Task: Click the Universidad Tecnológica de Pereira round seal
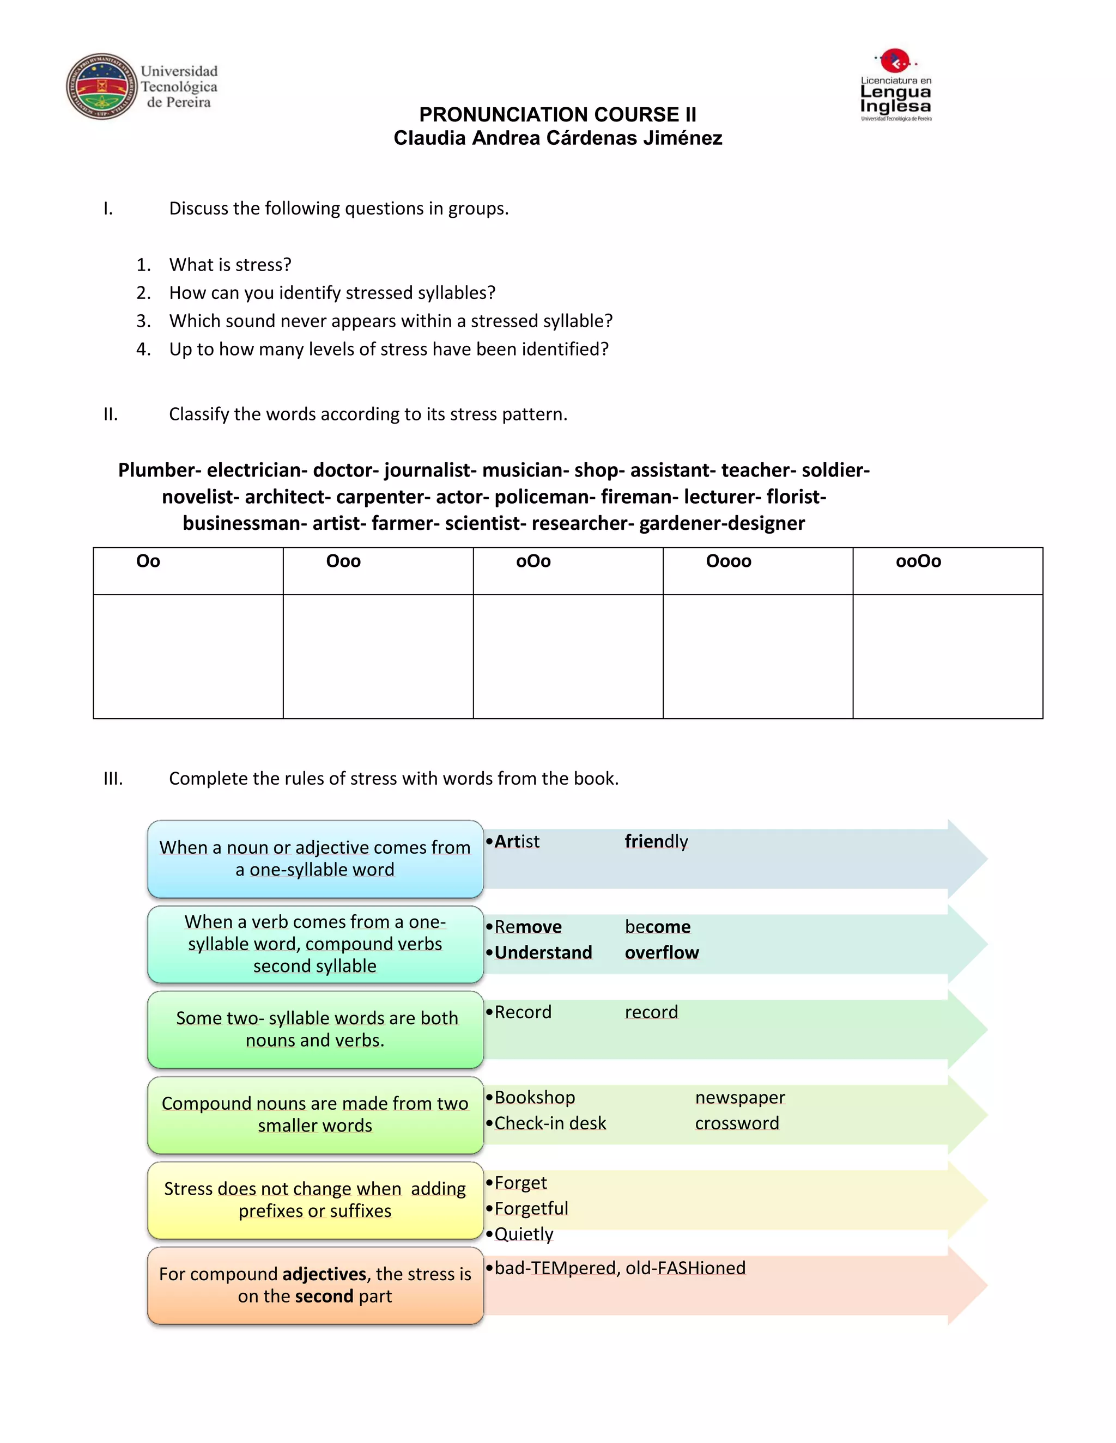101,87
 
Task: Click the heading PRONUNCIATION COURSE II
557,114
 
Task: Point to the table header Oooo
728,561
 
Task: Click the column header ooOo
918,561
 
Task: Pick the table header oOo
533,561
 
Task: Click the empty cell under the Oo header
188,656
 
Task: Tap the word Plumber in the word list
156,470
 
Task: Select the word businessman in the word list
241,523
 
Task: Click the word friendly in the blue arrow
656,841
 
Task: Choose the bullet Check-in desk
549,1123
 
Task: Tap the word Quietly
524,1234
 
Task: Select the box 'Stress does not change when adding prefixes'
315,1200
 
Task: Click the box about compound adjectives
315,1285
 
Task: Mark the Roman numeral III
113,778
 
